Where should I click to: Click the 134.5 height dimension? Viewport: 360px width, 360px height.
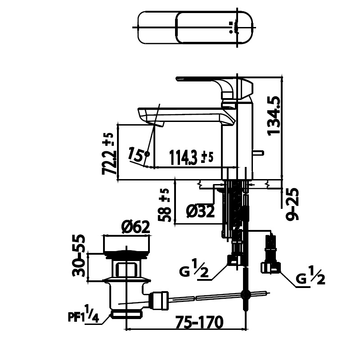(274, 116)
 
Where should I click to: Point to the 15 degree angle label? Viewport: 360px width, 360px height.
(136, 155)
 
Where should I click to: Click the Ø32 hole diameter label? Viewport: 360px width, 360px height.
(200, 211)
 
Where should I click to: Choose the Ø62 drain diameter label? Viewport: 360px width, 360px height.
(135, 228)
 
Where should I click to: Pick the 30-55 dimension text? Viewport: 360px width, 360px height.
(79, 256)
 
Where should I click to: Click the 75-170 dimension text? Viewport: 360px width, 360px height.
(199, 322)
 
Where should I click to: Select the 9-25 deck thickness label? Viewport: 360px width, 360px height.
(292, 204)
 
